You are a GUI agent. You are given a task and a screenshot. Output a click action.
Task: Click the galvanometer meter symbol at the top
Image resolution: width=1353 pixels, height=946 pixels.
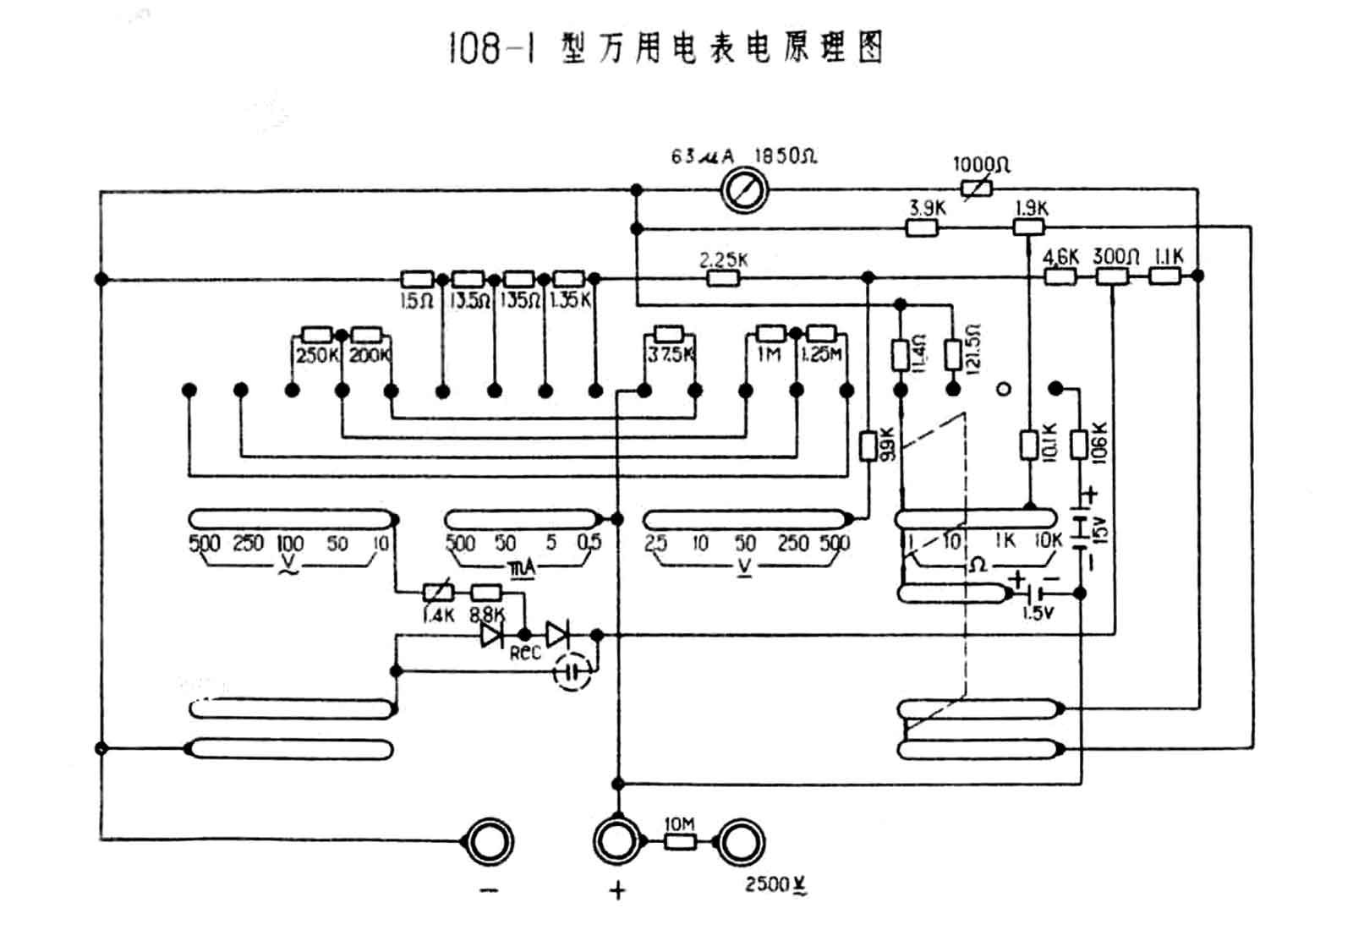[x=745, y=190]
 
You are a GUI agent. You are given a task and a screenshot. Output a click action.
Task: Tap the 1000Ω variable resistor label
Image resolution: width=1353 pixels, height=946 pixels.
[x=981, y=164]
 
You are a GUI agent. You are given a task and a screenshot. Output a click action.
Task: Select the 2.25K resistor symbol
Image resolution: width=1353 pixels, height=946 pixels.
[x=723, y=277]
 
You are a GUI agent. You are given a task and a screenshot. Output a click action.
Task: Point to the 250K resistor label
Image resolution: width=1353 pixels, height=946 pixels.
[x=316, y=356]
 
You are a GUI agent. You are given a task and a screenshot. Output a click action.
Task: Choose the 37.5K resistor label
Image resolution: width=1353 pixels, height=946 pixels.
[x=670, y=355]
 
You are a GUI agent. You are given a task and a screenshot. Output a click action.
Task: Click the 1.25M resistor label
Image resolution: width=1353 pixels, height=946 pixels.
[x=821, y=354]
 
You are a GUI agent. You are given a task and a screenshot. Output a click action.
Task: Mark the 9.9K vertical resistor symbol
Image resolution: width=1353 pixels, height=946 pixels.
[x=868, y=446]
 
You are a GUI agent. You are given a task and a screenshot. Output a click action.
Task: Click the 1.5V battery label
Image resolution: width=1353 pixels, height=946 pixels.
[x=1038, y=612]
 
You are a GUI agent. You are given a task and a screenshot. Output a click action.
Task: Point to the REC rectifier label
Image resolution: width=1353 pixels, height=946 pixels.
[x=524, y=653]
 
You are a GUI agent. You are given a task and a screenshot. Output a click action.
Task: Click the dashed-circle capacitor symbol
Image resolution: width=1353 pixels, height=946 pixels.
[x=572, y=673]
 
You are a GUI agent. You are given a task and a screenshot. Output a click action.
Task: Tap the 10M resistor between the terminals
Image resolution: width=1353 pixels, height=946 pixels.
[x=681, y=842]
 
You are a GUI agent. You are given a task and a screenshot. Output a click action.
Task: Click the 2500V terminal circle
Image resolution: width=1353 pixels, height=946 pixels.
[x=742, y=842]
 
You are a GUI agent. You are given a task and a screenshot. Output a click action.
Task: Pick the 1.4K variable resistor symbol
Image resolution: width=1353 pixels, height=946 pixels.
[x=437, y=593]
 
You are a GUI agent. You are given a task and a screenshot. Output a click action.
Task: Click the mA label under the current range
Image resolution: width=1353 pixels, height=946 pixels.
[x=523, y=569]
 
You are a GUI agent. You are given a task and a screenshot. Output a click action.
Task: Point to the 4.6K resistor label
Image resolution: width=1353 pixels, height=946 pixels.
[x=1060, y=256]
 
